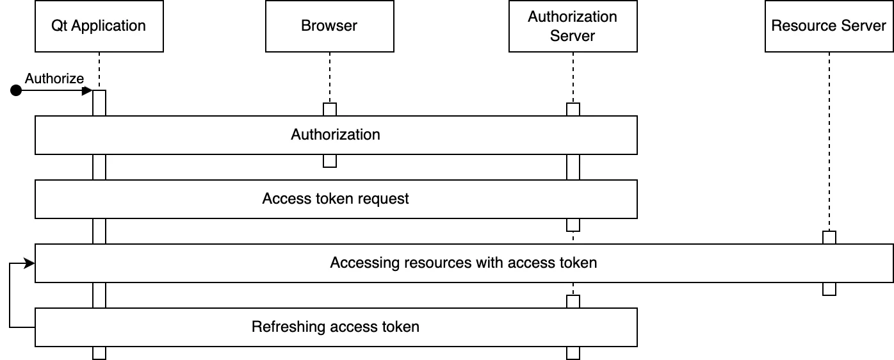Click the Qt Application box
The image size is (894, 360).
click(99, 26)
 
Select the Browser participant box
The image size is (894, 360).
click(329, 26)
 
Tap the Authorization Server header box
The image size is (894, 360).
click(573, 26)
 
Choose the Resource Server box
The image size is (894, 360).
click(829, 26)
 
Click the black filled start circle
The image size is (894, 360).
click(16, 91)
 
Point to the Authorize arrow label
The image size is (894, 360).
click(54, 78)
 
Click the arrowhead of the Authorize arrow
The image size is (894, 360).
click(88, 91)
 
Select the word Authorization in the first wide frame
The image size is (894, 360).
click(336, 135)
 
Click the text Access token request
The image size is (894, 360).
click(336, 199)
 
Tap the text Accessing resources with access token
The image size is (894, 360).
click(464, 263)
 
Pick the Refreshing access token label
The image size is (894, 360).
click(336, 327)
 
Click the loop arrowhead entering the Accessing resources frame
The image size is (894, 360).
click(29, 263)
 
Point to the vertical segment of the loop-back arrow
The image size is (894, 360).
click(10, 295)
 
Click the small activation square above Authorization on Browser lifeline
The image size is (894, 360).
click(330, 110)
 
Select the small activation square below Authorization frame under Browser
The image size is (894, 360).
click(330, 160)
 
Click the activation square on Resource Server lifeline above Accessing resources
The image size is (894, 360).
click(829, 238)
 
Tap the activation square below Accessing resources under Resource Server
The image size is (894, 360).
click(829, 288)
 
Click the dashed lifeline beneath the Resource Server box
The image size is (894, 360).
click(829, 141)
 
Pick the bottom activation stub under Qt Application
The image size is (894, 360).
click(99, 352)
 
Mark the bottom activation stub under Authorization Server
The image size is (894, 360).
click(573, 352)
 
